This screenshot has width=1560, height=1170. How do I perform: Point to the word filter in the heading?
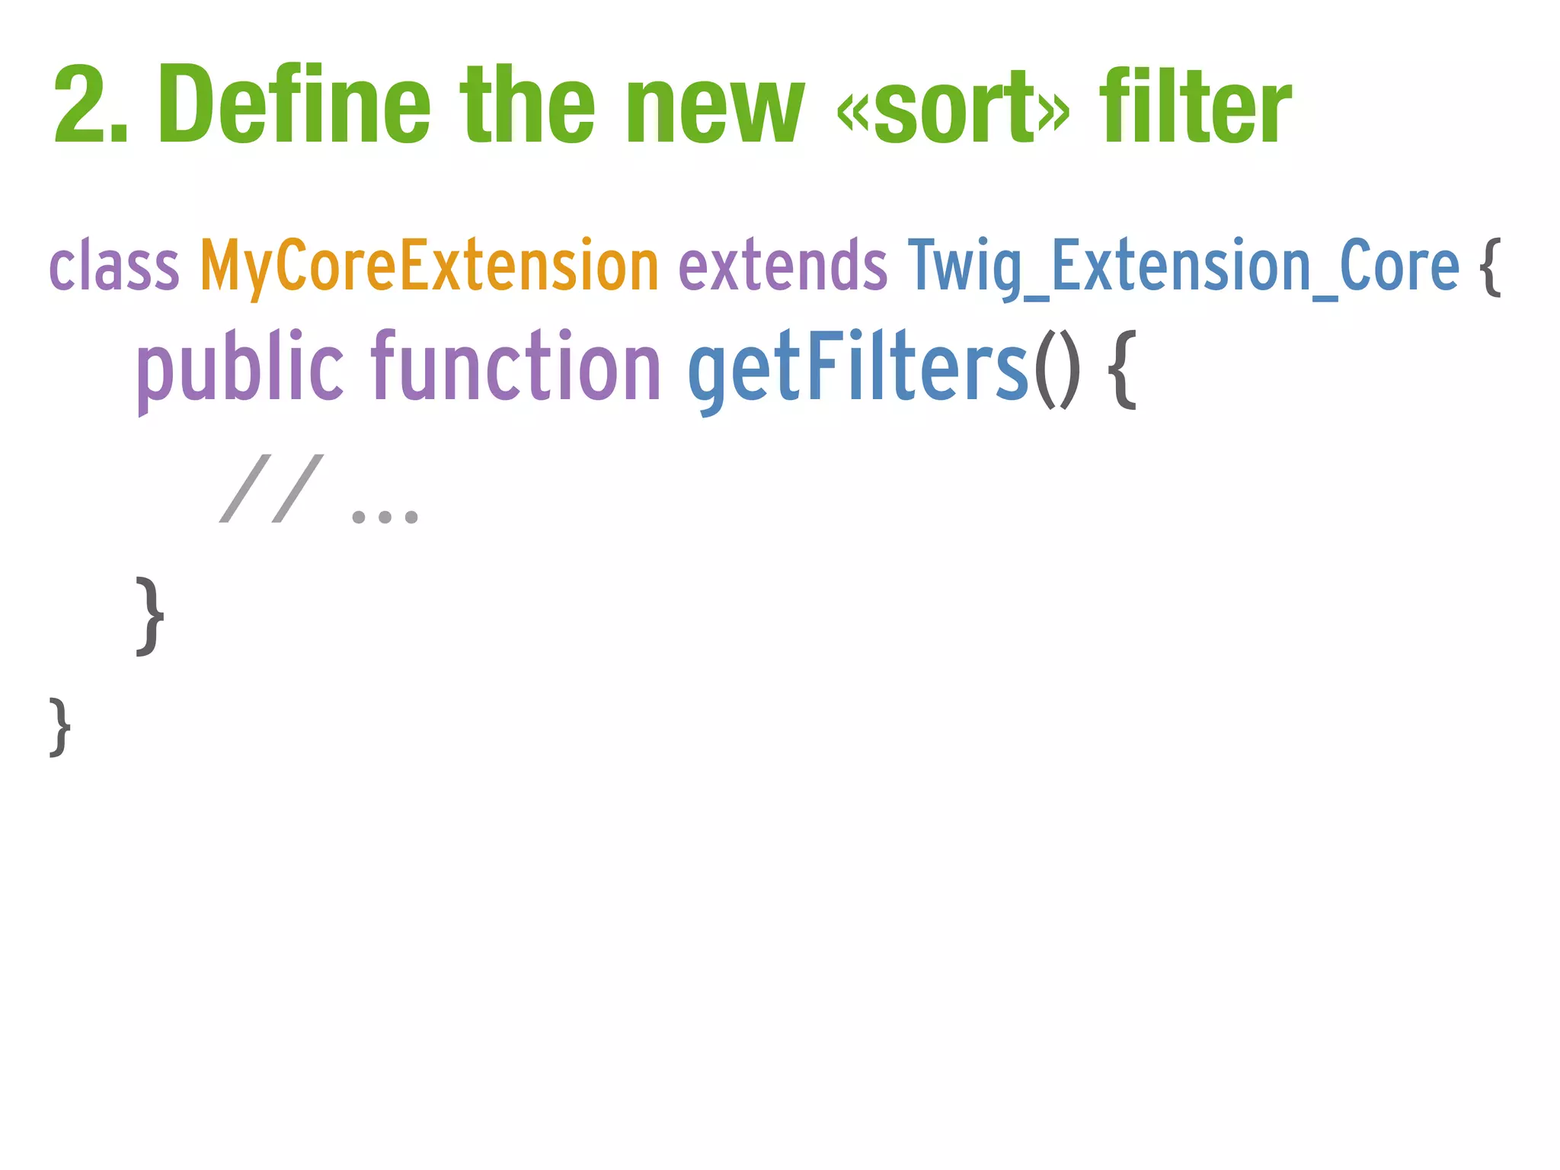point(1195,107)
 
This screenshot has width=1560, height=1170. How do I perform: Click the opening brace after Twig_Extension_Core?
point(1491,267)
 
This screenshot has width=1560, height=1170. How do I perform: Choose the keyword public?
point(240,369)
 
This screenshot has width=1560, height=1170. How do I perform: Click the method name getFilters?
point(858,369)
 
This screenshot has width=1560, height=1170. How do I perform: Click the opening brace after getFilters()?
point(1121,370)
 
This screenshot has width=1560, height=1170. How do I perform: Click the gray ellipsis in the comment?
point(385,516)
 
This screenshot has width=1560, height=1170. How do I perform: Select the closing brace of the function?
point(149,615)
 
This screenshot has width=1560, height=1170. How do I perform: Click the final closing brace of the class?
point(60,727)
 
